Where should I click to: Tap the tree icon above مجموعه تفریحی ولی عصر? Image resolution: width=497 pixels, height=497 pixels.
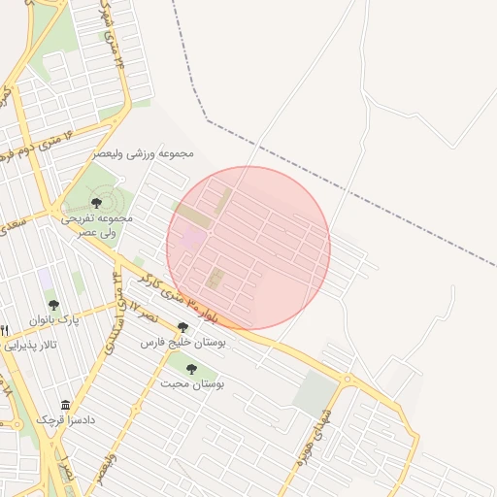[x=96, y=202]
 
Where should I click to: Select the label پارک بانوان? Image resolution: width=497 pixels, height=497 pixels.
[x=52, y=319]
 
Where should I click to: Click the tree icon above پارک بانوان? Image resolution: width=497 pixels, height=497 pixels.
[x=53, y=305]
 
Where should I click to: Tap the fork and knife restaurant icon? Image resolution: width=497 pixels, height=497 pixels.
[x=4, y=330]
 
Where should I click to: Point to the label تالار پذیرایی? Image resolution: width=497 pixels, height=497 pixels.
[x=30, y=345]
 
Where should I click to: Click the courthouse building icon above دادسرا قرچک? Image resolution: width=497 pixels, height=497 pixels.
[x=66, y=405]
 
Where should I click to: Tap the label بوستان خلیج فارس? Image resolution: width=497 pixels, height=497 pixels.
[x=183, y=343]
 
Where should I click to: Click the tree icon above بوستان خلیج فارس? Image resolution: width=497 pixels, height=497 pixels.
[x=182, y=328]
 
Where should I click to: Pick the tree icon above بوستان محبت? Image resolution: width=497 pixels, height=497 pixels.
[x=191, y=369]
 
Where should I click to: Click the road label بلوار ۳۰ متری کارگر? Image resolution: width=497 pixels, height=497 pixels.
[x=177, y=296]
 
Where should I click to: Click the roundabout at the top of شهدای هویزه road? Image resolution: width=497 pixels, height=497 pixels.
[x=347, y=378]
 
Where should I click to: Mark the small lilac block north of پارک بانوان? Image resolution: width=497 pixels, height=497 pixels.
[x=46, y=279]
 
